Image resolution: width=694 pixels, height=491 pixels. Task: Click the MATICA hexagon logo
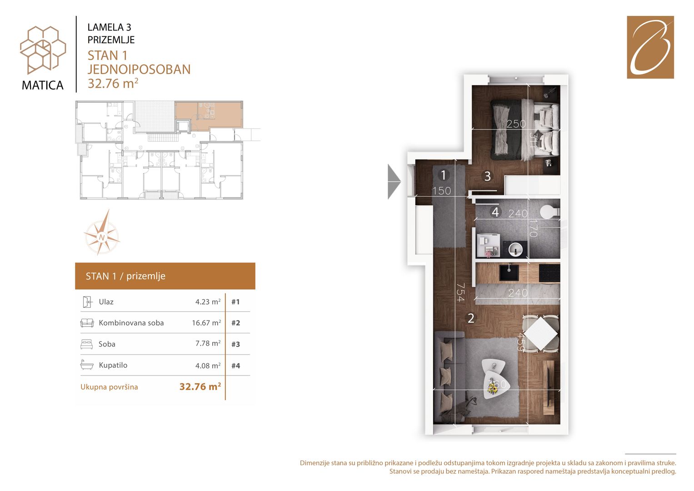(43, 50)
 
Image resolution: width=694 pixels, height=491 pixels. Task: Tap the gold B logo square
(650, 47)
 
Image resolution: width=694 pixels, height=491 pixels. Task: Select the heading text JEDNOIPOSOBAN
(139, 70)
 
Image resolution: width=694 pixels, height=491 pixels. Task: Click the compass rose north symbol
(102, 237)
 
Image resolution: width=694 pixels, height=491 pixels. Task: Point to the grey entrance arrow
(394, 181)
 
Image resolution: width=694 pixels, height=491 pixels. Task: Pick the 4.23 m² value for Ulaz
(208, 301)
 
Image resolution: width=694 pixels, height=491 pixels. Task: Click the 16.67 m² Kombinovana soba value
(206, 323)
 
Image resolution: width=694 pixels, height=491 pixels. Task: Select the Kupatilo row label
(113, 365)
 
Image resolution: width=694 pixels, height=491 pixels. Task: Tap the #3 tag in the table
(235, 344)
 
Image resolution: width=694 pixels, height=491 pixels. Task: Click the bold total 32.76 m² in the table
(200, 386)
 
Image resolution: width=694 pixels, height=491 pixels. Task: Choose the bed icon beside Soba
(87, 344)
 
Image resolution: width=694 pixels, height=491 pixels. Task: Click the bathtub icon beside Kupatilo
(87, 365)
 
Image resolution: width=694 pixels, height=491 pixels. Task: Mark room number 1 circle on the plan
(444, 175)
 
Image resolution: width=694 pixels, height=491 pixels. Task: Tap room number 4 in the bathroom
(495, 212)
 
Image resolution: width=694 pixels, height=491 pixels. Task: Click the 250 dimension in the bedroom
(516, 124)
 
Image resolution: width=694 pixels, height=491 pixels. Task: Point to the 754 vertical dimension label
(460, 292)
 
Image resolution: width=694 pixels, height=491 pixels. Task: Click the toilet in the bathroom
(549, 212)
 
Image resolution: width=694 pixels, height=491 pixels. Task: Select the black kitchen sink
(509, 272)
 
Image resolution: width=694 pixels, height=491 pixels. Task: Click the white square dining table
(541, 333)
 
